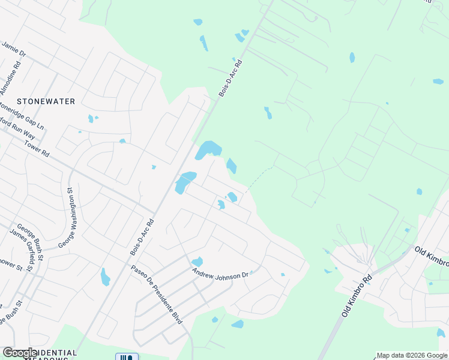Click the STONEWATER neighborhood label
(46, 101)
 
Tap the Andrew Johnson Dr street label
(220, 274)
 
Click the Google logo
(20, 353)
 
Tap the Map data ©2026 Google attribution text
(412, 355)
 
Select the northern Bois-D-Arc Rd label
(230, 78)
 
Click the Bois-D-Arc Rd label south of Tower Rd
(142, 238)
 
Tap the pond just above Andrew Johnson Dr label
(197, 262)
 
